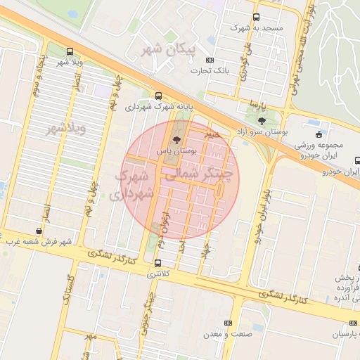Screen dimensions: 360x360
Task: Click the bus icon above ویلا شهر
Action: (x=70, y=51)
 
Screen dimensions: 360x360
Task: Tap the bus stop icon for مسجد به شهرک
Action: (x=255, y=17)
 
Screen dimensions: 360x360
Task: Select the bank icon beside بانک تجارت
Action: (x=210, y=61)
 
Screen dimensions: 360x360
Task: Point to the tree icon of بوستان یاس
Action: (x=176, y=141)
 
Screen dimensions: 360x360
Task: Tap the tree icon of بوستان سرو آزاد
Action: (x=262, y=122)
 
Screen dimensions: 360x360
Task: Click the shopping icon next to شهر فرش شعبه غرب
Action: (x=38, y=231)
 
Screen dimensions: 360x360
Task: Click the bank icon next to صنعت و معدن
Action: (x=227, y=323)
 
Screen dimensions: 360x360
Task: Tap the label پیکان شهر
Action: (x=161, y=50)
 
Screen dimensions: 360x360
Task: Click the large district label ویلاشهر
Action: (x=65, y=129)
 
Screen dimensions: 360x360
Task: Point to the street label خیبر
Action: (x=213, y=133)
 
